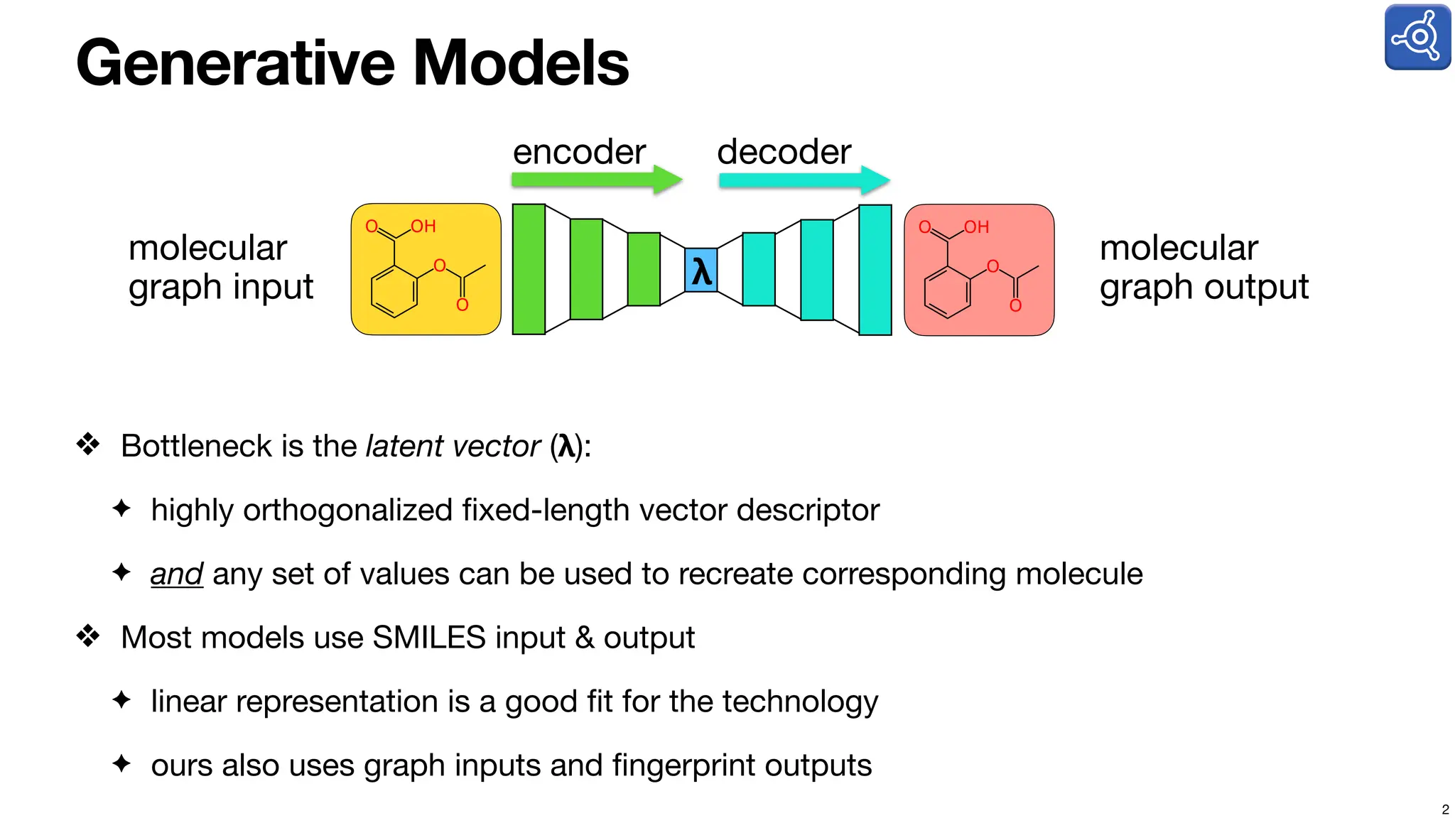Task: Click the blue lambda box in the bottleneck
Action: coord(701,271)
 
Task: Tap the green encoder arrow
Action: coord(595,180)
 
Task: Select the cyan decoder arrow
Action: coord(803,180)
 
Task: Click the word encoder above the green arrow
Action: coord(579,152)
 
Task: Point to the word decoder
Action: coord(784,152)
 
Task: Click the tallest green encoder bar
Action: coord(529,269)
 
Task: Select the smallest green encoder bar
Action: coord(644,269)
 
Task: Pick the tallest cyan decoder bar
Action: coord(875,270)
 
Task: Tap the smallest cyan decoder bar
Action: coord(759,269)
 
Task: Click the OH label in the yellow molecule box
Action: coord(423,227)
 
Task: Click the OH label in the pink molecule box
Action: coord(977,227)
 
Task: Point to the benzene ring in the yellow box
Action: coord(394,292)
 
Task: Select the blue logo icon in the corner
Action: coord(1417,37)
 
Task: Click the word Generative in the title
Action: coord(234,63)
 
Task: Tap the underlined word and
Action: coord(177,574)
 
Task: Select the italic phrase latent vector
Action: coord(453,446)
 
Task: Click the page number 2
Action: coord(1445,809)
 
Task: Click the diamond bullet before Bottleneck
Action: coord(88,445)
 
